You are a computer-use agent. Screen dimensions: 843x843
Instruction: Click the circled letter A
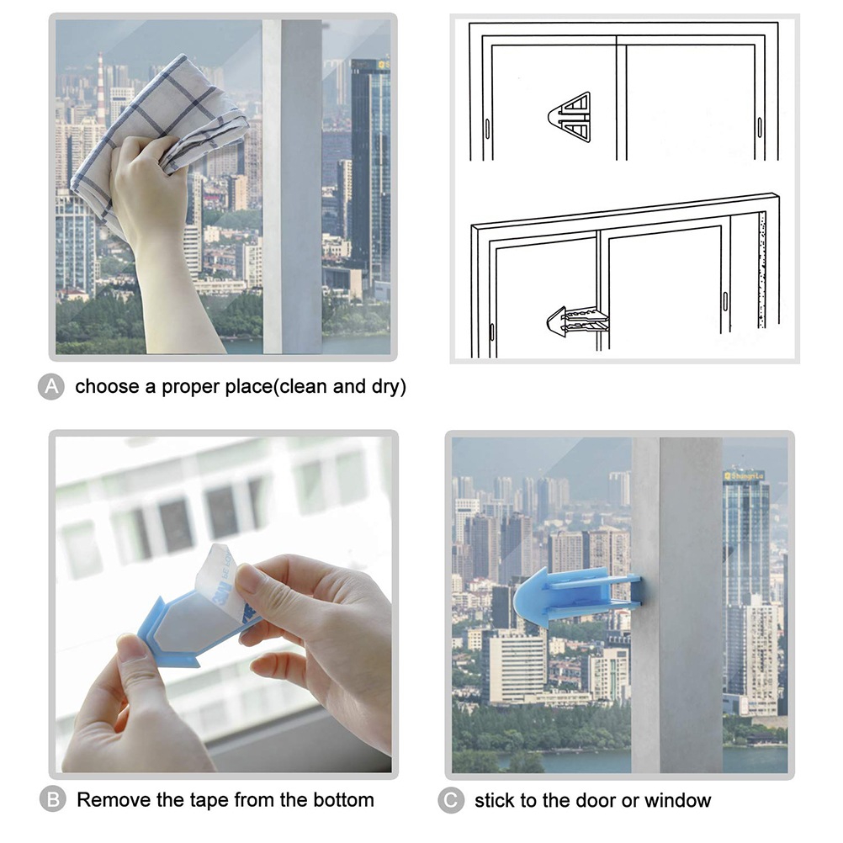click(x=51, y=386)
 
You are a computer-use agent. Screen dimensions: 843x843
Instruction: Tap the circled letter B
click(x=53, y=799)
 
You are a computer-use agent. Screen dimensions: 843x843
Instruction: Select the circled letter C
click(x=451, y=801)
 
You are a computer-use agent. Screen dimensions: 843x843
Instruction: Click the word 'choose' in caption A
click(x=108, y=386)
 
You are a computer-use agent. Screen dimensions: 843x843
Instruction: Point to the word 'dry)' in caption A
click(x=389, y=387)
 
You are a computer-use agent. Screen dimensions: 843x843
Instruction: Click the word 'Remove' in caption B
click(x=114, y=799)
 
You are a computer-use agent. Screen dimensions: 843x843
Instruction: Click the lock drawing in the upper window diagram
click(x=570, y=117)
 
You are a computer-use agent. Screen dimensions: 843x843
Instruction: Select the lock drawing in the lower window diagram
click(x=578, y=322)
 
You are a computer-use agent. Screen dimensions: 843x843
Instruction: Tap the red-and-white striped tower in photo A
click(x=100, y=86)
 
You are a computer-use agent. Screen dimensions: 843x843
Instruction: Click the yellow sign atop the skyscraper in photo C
click(x=744, y=476)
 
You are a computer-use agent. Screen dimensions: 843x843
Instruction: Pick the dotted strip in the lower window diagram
click(x=762, y=270)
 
